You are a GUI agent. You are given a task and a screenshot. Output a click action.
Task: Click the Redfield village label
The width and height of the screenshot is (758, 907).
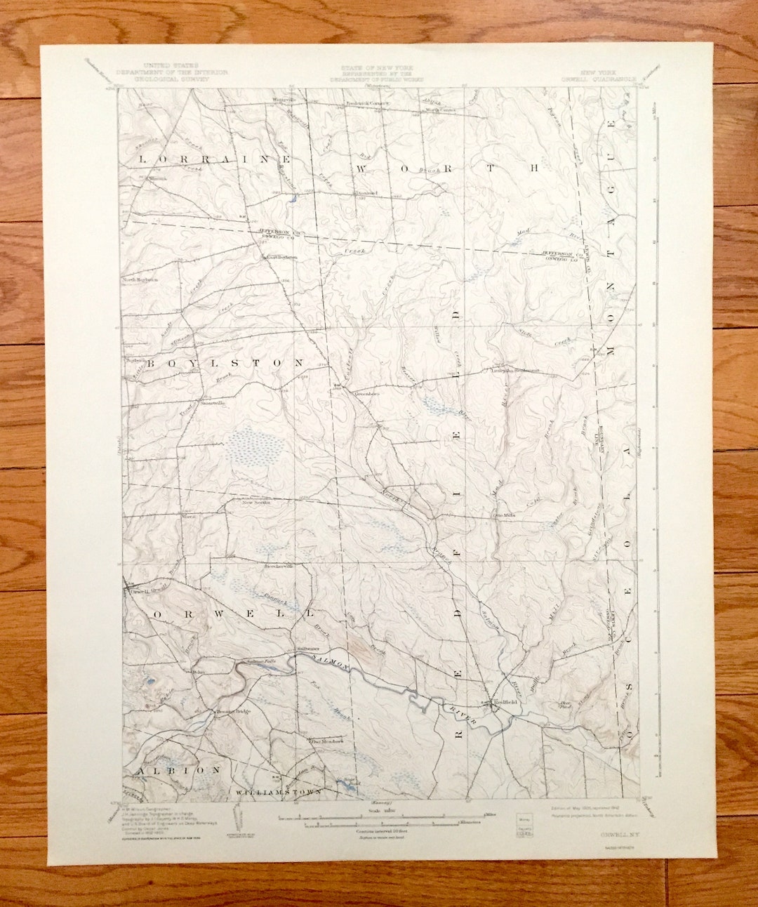point(505,702)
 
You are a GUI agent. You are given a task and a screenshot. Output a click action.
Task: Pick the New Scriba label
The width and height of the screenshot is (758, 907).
point(256,503)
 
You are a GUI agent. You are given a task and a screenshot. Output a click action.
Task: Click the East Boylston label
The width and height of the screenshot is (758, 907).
point(281,257)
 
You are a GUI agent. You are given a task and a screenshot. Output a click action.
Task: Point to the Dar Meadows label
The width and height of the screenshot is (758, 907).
point(326,741)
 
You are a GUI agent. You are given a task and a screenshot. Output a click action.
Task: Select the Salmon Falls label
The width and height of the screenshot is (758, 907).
point(261,661)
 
